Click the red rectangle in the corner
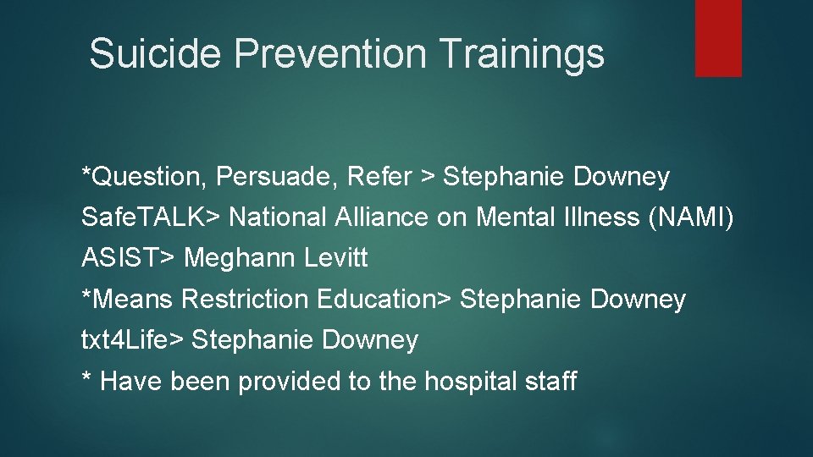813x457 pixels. coord(718,38)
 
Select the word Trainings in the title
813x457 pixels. coord(523,53)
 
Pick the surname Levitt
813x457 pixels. coord(335,258)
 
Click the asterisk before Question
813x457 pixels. coord(86,173)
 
